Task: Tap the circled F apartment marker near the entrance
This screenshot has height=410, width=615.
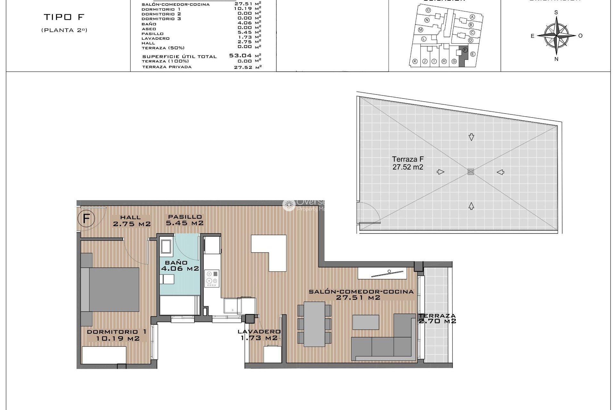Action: tap(86, 219)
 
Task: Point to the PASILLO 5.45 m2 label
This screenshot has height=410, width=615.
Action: tap(184, 220)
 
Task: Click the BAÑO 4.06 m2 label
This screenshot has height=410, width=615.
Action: tap(180, 266)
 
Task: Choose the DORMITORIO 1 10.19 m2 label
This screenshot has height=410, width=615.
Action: tap(117, 335)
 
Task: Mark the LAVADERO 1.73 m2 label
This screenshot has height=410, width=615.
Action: tap(259, 335)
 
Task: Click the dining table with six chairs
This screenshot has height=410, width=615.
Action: tap(314, 324)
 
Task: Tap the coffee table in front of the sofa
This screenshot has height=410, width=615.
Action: tap(365, 322)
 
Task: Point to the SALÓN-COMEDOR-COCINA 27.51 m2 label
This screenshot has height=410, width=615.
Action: tap(361, 294)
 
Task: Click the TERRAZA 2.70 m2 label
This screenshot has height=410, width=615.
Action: tap(437, 318)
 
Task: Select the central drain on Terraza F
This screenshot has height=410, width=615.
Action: tap(471, 172)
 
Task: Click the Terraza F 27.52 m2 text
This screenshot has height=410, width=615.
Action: tap(408, 163)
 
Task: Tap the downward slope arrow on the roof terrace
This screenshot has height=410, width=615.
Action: tap(471, 137)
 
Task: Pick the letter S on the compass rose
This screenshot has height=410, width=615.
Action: tap(556, 12)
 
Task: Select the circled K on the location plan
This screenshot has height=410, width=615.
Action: tap(415, 61)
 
